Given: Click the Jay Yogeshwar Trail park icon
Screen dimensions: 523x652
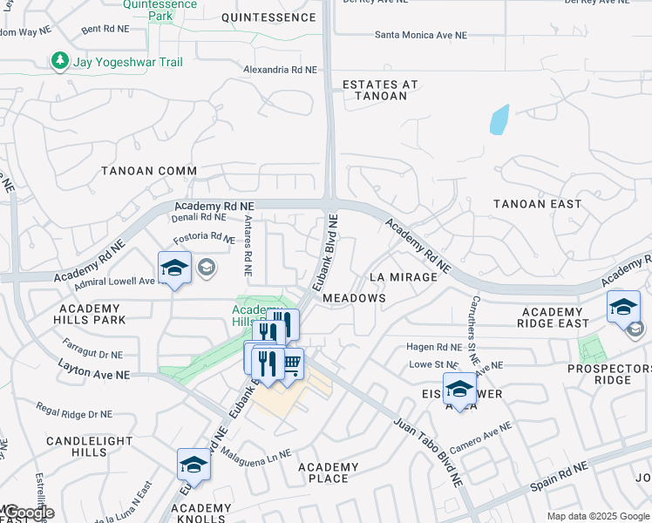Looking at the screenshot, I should click(x=59, y=61).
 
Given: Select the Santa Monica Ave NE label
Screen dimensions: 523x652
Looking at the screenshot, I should click(x=421, y=36).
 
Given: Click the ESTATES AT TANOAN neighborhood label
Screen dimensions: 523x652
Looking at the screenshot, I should click(x=375, y=90).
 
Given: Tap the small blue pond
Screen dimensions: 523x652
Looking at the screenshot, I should click(x=498, y=119).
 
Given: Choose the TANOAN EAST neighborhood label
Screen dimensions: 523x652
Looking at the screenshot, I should click(x=537, y=204).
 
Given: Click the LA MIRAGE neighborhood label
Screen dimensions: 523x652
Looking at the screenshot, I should click(x=403, y=276).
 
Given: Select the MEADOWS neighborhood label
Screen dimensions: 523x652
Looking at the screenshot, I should click(x=354, y=298).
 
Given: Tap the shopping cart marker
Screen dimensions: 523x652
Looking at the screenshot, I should click(x=291, y=363).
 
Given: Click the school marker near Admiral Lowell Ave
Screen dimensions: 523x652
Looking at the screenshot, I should click(x=174, y=268).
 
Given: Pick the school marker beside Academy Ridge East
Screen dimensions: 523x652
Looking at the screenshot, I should click(x=623, y=308).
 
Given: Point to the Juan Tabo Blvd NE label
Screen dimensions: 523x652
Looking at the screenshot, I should click(x=427, y=451).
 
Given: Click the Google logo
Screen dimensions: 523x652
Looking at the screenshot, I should click(x=28, y=513).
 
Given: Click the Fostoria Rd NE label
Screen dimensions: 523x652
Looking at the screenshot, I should click(x=203, y=236).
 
